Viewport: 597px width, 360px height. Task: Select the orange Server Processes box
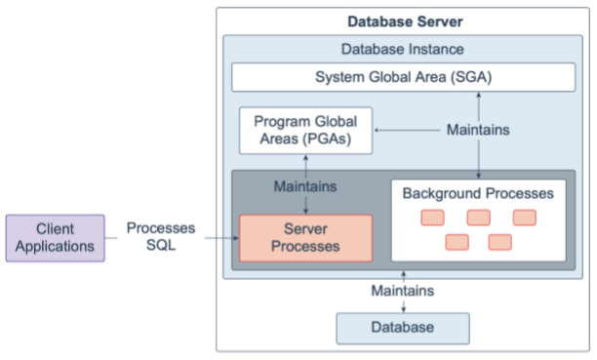coord(306,237)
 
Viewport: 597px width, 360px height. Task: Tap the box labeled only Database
coord(402,327)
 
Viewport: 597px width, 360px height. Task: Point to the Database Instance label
coord(403,49)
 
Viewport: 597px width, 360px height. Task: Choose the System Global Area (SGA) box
coord(403,78)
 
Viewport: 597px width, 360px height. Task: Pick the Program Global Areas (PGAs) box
coord(305,130)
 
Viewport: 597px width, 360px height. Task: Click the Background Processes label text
coord(478,193)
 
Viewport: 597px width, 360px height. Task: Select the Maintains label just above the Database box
coord(403,290)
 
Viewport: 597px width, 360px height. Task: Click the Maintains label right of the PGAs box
coord(478,129)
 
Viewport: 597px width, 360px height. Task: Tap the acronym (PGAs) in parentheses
coord(331,139)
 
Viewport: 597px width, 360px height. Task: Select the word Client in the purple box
coord(55,228)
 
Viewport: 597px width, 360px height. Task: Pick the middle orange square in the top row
coord(478,217)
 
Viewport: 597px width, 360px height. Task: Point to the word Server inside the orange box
coord(306,228)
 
